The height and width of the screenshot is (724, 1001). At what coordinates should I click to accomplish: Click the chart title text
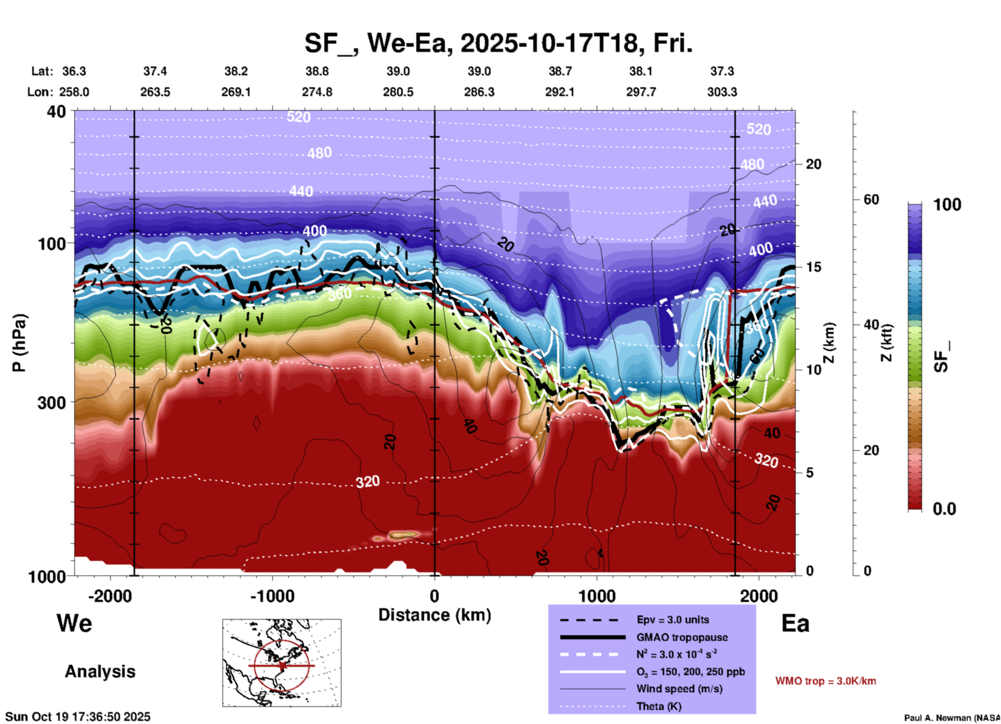(498, 43)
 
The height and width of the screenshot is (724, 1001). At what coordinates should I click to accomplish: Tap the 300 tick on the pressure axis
(52, 402)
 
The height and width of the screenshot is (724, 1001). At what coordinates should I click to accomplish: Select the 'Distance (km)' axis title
(434, 615)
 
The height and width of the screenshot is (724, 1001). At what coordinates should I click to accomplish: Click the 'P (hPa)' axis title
(19, 343)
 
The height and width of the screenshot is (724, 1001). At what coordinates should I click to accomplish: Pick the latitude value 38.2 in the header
(236, 71)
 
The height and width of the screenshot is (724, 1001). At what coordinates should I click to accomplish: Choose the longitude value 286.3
(479, 92)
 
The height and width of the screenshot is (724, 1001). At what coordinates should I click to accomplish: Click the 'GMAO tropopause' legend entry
(681, 637)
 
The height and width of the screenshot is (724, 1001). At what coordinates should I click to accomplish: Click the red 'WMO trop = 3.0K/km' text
(825, 681)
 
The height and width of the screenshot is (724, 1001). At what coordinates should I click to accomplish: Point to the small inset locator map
(282, 663)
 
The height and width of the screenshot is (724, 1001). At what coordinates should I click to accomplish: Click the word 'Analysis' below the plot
(100, 672)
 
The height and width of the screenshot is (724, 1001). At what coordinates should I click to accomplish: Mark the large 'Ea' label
(795, 624)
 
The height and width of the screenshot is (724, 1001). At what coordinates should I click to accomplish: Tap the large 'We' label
(74, 623)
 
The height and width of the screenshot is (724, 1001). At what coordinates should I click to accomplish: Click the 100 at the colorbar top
(947, 205)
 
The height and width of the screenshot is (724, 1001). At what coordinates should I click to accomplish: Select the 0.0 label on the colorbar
(944, 509)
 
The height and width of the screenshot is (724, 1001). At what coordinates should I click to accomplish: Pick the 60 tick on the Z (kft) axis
(871, 199)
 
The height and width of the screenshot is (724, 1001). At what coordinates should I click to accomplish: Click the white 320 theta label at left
(367, 482)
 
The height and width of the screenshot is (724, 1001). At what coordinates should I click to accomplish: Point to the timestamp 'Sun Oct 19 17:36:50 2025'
(78, 717)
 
